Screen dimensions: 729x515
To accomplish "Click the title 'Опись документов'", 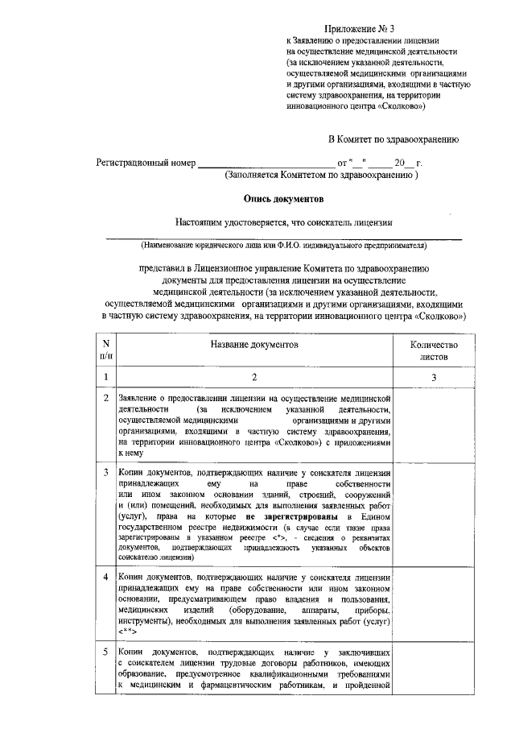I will pos(283,197).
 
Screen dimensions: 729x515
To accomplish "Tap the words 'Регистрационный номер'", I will pos(146,163).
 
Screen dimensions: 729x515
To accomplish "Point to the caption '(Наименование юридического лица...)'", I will pos(282,244).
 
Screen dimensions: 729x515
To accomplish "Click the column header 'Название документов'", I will pos(254,344).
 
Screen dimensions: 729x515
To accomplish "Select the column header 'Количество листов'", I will pos(434,350).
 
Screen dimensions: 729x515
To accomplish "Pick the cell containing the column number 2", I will pos(254,377).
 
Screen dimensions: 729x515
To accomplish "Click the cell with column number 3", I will pos(434,377).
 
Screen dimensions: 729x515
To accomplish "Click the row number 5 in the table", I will pos(106,651).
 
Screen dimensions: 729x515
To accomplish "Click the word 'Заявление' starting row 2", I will pos(138,398).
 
